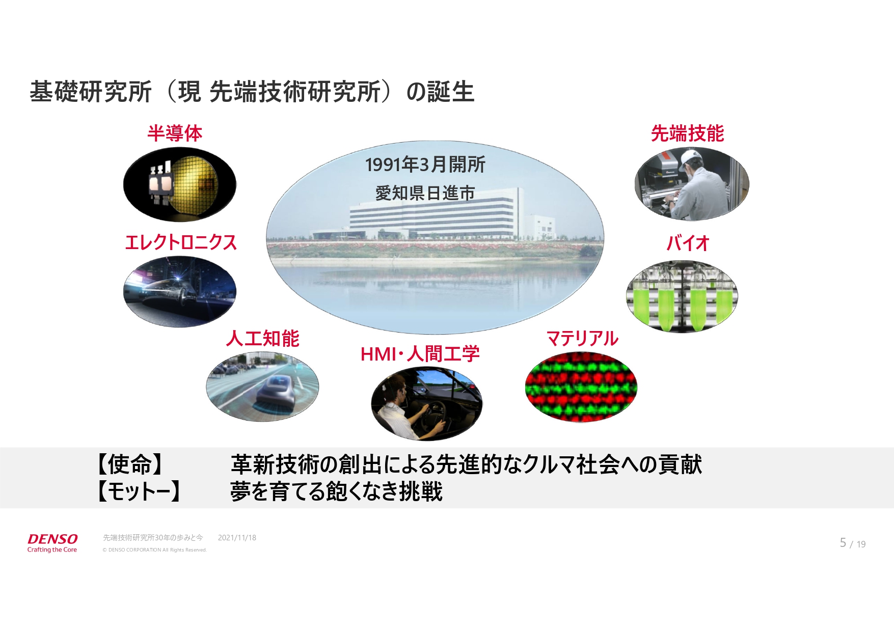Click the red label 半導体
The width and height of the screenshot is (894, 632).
175,133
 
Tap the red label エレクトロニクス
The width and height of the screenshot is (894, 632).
181,242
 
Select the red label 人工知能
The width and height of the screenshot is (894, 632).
262,339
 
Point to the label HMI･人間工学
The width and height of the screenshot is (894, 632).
420,354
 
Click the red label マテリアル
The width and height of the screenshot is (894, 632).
582,339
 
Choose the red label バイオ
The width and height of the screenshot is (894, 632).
688,243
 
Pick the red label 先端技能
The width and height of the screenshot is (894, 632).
687,133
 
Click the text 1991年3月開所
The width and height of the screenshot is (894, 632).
425,164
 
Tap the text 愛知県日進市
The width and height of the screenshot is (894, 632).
425,193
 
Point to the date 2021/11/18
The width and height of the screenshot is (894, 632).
237,538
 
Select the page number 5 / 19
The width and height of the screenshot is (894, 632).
852,543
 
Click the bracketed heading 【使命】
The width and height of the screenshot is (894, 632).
130,464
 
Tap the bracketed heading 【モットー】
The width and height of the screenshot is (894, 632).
139,491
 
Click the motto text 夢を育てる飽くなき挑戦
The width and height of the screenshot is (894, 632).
336,492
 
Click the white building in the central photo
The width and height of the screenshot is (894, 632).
433,216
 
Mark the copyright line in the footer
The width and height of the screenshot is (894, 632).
154,550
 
